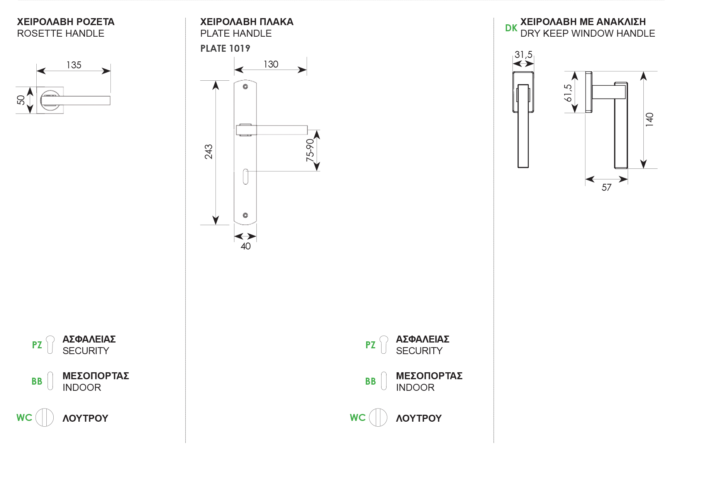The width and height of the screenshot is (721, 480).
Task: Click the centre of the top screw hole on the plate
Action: pyautogui.click(x=245, y=87)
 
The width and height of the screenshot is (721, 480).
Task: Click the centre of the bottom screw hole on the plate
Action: pyautogui.click(x=245, y=215)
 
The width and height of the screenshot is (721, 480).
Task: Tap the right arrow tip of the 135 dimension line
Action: pyautogui.click(x=110, y=71)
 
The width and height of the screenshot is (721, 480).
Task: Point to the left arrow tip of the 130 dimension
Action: pyautogui.click(x=234, y=70)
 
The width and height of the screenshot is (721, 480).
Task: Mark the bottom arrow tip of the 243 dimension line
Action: pyautogui.click(x=215, y=224)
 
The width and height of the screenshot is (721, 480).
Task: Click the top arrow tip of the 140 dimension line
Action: pyautogui.click(x=643, y=71)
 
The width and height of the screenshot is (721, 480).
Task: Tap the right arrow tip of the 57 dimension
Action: pyautogui.click(x=628, y=179)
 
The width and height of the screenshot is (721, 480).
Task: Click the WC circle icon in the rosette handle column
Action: pyautogui.click(x=45, y=417)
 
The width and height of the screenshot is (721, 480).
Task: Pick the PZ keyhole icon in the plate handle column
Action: pyautogui.click(x=384, y=344)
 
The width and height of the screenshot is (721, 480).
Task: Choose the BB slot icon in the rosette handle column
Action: pyautogui.click(x=50, y=381)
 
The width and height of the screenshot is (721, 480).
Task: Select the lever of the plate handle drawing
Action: pyautogui.click(x=272, y=130)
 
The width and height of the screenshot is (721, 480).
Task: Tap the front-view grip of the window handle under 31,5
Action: pyautogui.click(x=523, y=126)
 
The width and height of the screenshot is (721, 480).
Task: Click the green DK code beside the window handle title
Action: pyautogui.click(x=511, y=28)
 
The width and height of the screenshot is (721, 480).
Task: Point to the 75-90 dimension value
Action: pyautogui.click(x=310, y=150)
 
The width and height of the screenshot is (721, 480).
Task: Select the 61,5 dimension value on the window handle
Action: pyautogui.click(x=568, y=93)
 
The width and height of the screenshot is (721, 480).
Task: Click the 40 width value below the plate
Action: pyautogui.click(x=246, y=246)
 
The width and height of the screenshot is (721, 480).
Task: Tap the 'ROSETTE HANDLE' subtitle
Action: pyautogui.click(x=61, y=34)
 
